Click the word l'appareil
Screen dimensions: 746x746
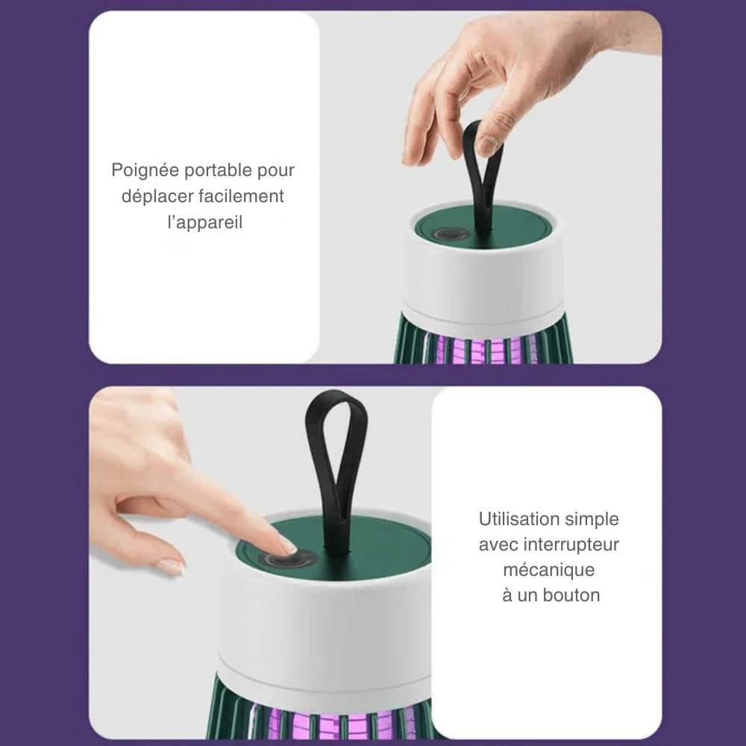[205, 222]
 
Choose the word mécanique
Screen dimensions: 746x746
[549, 571]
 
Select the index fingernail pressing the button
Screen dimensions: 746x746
[287, 545]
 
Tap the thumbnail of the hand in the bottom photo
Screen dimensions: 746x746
[171, 566]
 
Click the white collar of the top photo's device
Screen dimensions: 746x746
[483, 280]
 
